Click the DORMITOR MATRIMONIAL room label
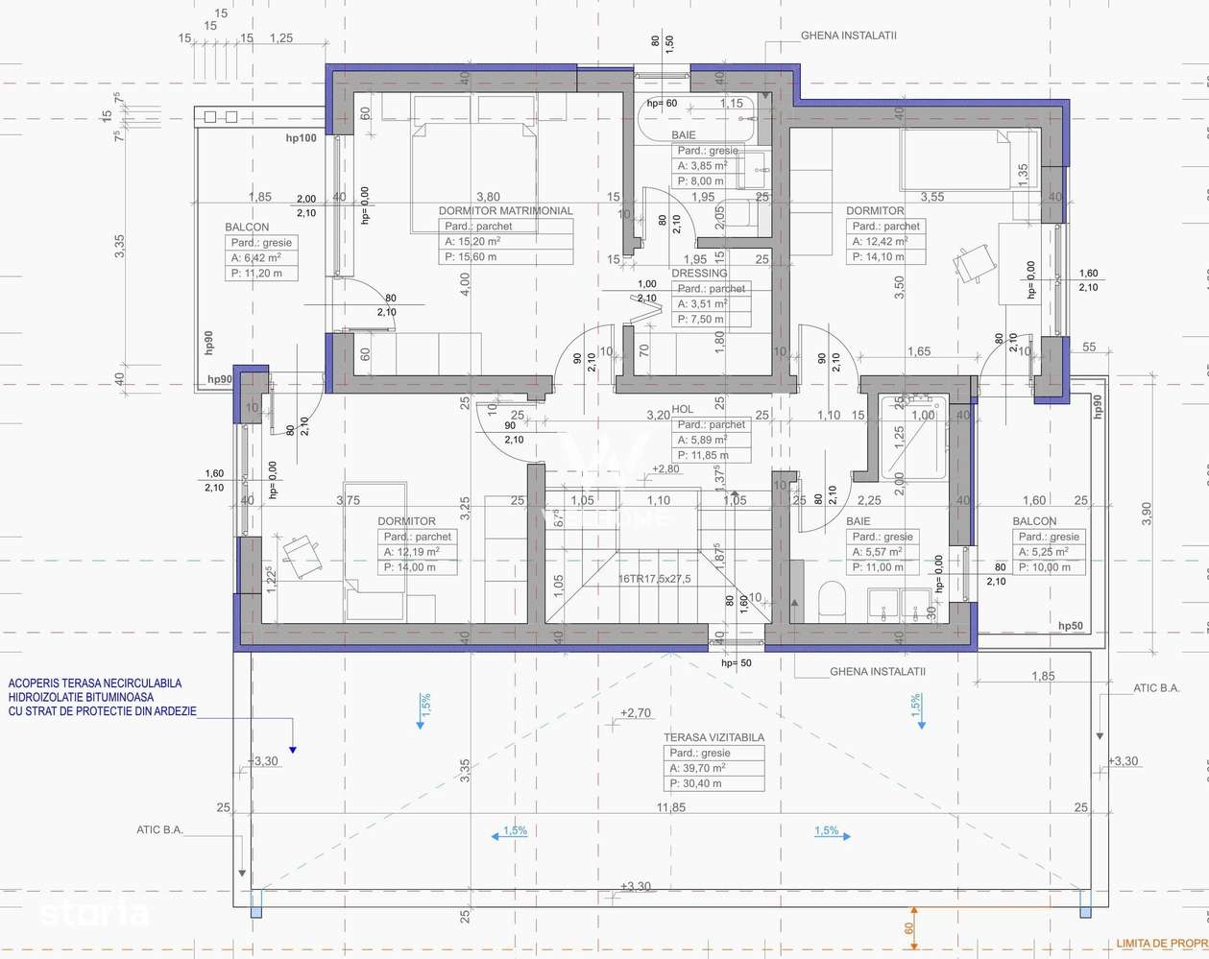click(505, 210)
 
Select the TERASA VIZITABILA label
click(713, 737)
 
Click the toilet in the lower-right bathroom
click(832, 601)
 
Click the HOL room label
click(682, 409)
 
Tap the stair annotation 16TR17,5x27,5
click(654, 579)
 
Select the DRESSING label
click(699, 273)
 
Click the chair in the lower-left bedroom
click(301, 556)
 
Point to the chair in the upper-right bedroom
click(974, 262)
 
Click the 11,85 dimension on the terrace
click(671, 807)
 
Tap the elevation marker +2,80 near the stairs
click(665, 469)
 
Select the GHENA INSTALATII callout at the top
click(848, 36)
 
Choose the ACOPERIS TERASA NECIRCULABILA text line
click(95, 683)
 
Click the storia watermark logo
click(94, 912)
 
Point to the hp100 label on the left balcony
click(301, 138)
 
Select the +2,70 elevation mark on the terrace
click(636, 713)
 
